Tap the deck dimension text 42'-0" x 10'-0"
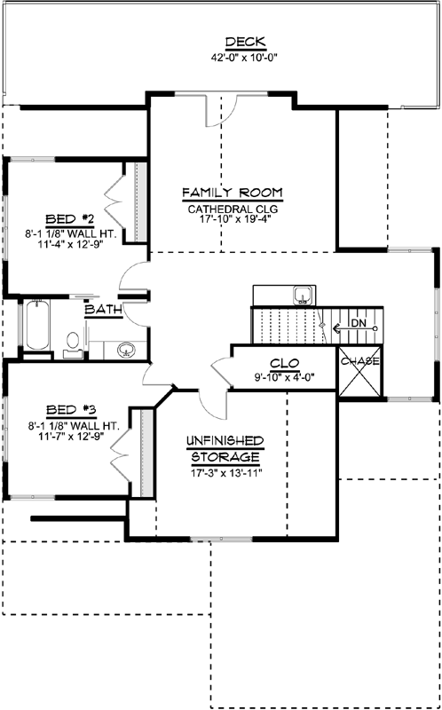(x=244, y=57)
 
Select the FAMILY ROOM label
(x=233, y=193)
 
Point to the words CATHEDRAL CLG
(x=233, y=209)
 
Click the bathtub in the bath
(x=36, y=327)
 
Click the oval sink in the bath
(x=125, y=349)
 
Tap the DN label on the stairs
(x=358, y=324)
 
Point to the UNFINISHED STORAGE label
(x=223, y=448)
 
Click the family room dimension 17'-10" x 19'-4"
(x=233, y=224)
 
